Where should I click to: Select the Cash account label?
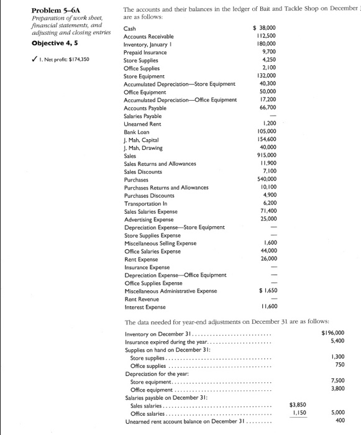(x=130, y=29)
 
